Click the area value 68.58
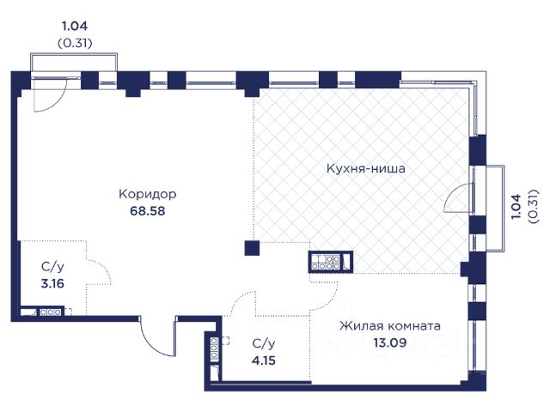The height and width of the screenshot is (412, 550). pos(147,211)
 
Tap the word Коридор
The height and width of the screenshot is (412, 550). pos(147,194)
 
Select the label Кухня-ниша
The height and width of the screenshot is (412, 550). pos(366,168)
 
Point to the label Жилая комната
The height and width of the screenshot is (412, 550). pos(389,326)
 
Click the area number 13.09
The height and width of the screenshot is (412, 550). pos(389,342)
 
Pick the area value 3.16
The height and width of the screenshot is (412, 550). pos(52,283)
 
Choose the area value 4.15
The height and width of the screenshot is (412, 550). pos(264,360)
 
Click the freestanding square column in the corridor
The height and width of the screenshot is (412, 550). pos(252,248)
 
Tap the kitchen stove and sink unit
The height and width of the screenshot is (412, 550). pos(330,262)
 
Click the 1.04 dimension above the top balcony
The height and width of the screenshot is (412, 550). pos(75,26)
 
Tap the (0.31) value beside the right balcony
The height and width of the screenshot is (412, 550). pos(533,207)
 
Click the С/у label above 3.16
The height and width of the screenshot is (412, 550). pos(52,267)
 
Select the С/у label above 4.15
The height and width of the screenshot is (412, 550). pos(264,343)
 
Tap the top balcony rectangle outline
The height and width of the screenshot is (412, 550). pos(74,53)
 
